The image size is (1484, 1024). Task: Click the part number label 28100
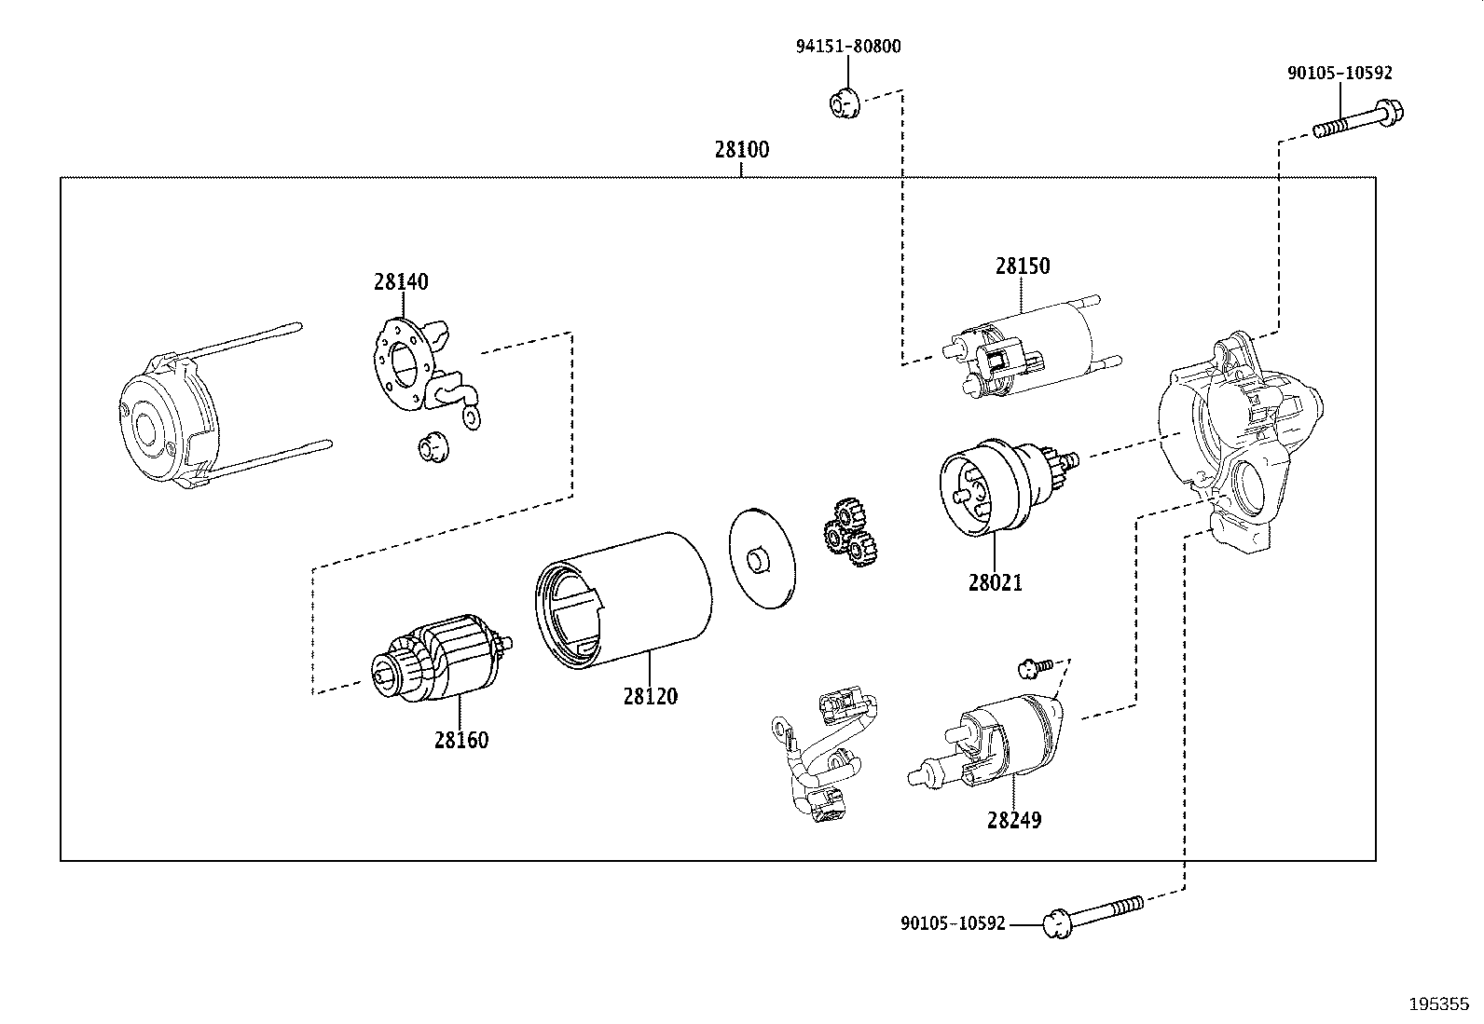pyautogui.click(x=741, y=150)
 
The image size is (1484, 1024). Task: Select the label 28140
pyautogui.click(x=401, y=282)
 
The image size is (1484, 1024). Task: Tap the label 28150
pyautogui.click(x=1023, y=266)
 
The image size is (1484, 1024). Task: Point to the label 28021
pyautogui.click(x=995, y=583)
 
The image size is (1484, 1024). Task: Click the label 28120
pyautogui.click(x=651, y=696)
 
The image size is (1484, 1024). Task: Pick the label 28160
pyautogui.click(x=461, y=740)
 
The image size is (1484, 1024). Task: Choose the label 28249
pyautogui.click(x=1014, y=820)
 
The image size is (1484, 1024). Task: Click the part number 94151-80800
pyautogui.click(x=848, y=47)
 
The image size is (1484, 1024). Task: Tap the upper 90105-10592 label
pyautogui.click(x=1340, y=73)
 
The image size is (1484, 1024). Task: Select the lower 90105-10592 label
pyautogui.click(x=953, y=923)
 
